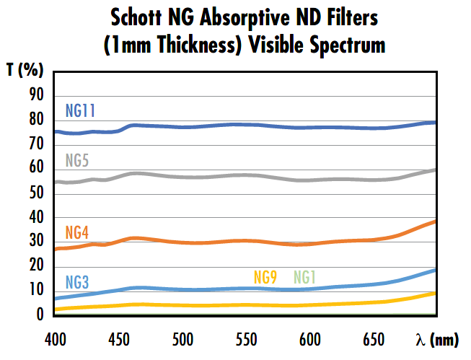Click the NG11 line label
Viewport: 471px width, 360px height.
pyautogui.click(x=80, y=111)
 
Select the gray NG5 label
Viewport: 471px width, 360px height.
pyautogui.click(x=76, y=160)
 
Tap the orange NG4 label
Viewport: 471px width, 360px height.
pyautogui.click(x=76, y=232)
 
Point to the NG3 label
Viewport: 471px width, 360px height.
pyautogui.click(x=76, y=281)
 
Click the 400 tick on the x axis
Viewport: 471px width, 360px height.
pyautogui.click(x=56, y=338)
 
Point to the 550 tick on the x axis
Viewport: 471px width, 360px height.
pyautogui.click(x=247, y=338)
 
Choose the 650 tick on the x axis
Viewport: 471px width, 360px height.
pyautogui.click(x=374, y=338)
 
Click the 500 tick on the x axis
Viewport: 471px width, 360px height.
pyautogui.click(x=183, y=338)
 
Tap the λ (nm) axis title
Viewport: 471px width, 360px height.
pyautogui.click(x=436, y=338)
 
